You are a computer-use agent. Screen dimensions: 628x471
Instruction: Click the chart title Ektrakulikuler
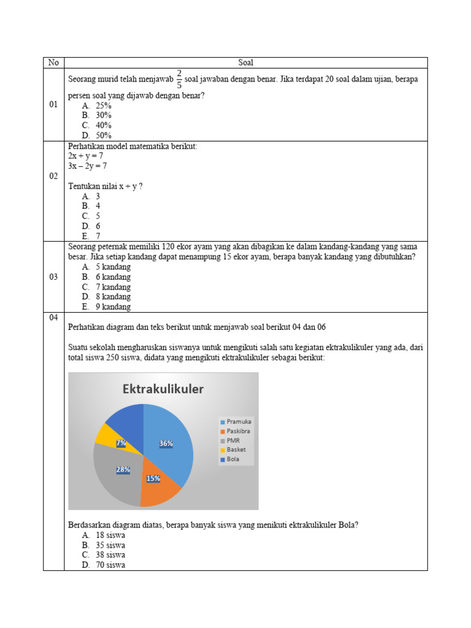163,389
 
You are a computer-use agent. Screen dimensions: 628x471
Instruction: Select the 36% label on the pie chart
166,443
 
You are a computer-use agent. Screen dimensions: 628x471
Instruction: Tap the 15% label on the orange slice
153,478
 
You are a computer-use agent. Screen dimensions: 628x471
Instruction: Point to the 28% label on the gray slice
123,470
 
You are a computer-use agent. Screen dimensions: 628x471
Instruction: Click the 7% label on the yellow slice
121,443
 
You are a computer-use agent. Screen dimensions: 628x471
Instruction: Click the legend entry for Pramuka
235,421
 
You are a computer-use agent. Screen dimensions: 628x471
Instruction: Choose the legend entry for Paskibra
235,431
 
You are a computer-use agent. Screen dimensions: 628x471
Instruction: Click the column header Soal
245,63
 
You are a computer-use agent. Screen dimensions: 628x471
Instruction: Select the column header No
53,63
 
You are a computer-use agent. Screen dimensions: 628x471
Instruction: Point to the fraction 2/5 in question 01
179,79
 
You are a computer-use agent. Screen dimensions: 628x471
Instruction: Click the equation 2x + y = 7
85,156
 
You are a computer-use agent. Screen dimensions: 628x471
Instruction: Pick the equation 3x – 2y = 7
88,166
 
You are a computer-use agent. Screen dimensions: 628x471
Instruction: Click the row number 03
53,277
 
